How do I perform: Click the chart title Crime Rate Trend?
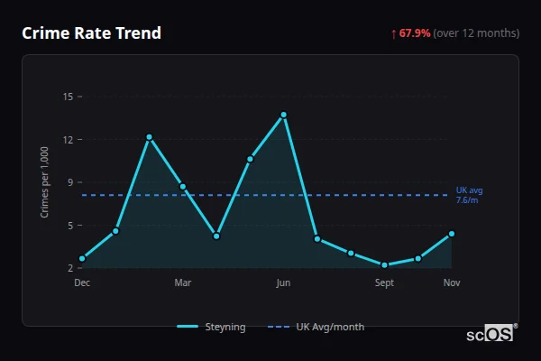[x=91, y=33]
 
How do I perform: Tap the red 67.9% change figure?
[x=415, y=33]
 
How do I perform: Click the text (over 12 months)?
[x=476, y=33]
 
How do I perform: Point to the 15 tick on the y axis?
[x=68, y=97]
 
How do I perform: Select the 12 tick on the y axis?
[x=68, y=140]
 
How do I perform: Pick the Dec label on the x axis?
[x=82, y=283]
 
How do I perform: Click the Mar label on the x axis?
[x=183, y=283]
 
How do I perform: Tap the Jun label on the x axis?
[x=283, y=283]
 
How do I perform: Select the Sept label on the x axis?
[x=384, y=283]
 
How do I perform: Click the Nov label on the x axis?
[x=452, y=283]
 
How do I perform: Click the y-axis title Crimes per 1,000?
[x=45, y=182]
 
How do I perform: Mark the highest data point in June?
[x=283, y=115]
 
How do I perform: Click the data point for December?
[x=82, y=259]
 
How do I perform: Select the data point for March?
[x=183, y=187]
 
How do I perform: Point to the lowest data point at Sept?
[x=384, y=265]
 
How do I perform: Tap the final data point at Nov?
[x=452, y=234]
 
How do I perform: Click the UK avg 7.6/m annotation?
[x=469, y=195]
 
